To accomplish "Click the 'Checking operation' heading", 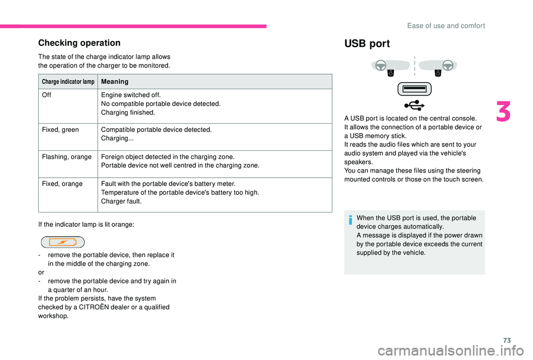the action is [x=79, y=43].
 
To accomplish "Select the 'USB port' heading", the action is [x=367, y=44].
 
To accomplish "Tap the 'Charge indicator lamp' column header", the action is [x=68, y=82].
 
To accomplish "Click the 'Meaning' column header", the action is [x=115, y=82].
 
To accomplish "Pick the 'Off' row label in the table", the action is [x=47, y=95].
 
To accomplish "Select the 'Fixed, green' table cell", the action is [x=60, y=130].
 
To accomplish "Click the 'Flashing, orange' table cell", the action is [x=67, y=157].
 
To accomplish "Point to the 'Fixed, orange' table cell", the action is [x=62, y=184].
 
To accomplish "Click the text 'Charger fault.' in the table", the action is [x=122, y=201].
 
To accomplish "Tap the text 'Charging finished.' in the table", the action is [x=128, y=113].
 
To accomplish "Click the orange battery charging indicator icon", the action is [x=63, y=242].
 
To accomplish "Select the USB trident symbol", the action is [x=414, y=105].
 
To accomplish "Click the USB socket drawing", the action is [x=414, y=89].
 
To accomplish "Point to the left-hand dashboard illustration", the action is [x=390, y=67].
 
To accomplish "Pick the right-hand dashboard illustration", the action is [x=438, y=67].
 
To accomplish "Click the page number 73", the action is [x=507, y=340].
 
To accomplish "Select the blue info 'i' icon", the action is [x=350, y=220].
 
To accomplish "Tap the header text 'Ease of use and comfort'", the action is [x=446, y=26].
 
